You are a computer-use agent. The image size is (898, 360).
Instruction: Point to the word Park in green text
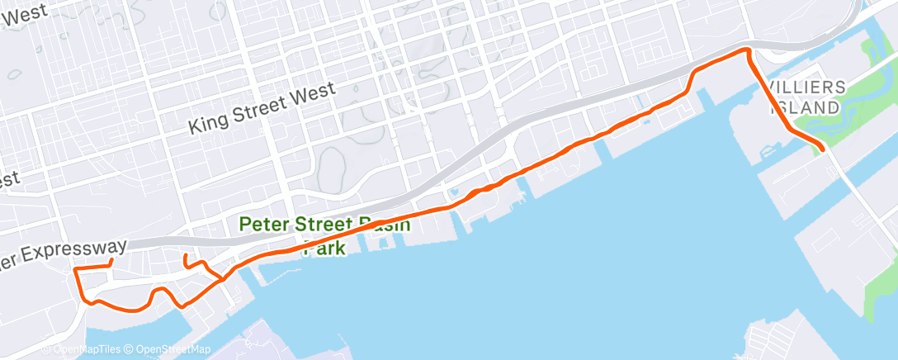tap(322, 248)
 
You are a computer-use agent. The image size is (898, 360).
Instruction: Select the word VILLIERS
tap(806, 88)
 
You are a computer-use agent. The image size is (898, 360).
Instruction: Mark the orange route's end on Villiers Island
tap(823, 149)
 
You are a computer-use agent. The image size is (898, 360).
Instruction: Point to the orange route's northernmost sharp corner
tap(748, 50)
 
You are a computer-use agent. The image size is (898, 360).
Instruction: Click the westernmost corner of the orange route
tap(75, 270)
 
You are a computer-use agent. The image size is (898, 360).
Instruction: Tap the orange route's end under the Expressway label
tap(111, 263)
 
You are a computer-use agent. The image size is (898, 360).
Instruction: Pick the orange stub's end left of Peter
tap(185, 257)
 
